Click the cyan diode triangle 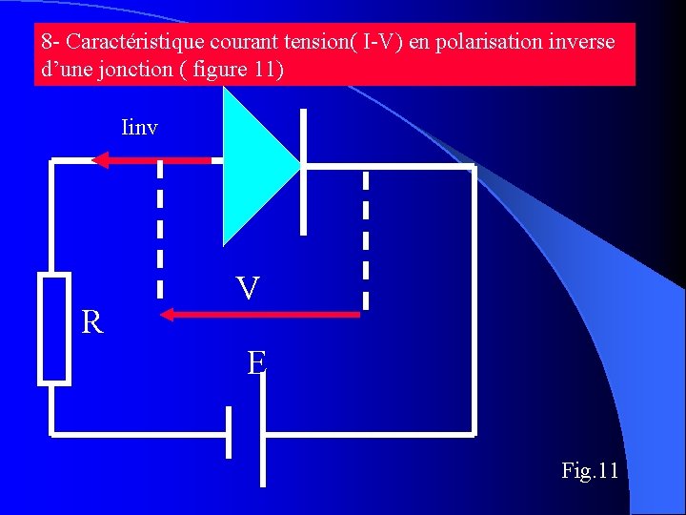point(252,167)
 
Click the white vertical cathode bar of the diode point(304,172)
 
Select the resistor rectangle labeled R point(54,328)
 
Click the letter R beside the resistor point(92,323)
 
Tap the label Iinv point(140,127)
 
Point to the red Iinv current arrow point(152,160)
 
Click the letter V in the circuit point(248,288)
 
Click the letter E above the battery point(256,362)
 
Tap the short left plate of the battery point(229,434)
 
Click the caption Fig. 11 point(590,470)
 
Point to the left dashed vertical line point(160,229)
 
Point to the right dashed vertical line point(366,238)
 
